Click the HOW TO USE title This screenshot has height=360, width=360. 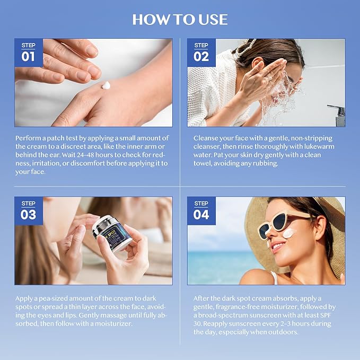180,20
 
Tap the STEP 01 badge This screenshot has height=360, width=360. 29,52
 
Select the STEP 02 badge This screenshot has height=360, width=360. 201,52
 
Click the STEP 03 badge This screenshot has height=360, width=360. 29,210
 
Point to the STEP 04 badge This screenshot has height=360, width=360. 201,210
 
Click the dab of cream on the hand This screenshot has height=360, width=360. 106,85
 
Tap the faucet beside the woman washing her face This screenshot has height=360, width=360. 337,113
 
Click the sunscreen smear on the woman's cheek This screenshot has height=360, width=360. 288,232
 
